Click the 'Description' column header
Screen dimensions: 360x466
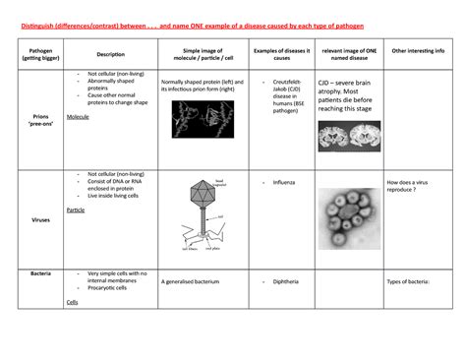[x=110, y=54]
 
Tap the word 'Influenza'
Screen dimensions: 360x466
[x=284, y=183]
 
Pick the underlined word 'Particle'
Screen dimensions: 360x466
[x=75, y=210]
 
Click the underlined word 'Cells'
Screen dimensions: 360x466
[x=72, y=302]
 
